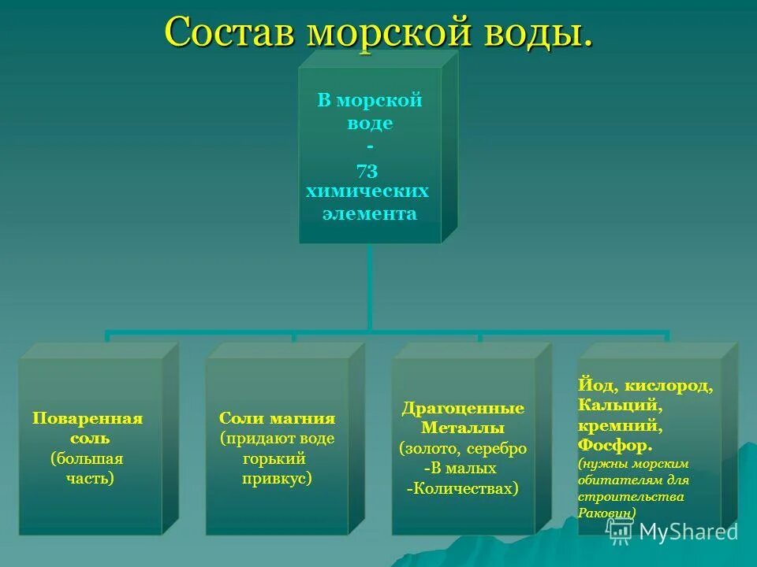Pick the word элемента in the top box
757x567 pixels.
370,213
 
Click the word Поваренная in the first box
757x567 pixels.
88,418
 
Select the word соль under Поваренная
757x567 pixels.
88,438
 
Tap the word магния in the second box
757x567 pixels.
303,418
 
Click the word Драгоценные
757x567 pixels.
464,409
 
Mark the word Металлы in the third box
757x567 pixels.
463,428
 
